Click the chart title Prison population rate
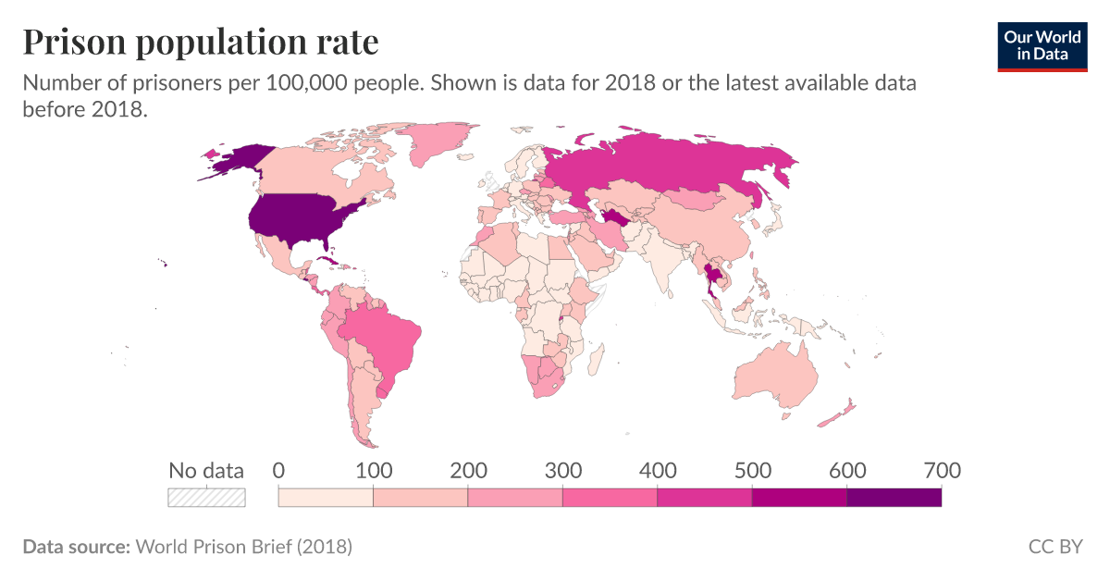click(200, 42)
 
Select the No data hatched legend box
click(206, 498)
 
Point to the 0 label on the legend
click(278, 471)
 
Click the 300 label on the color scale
click(562, 471)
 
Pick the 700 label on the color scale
click(942, 471)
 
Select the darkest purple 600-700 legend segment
click(894, 498)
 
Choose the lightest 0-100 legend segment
click(326, 498)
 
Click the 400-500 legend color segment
click(705, 498)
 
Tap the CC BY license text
click(1055, 547)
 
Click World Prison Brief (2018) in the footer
click(243, 547)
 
